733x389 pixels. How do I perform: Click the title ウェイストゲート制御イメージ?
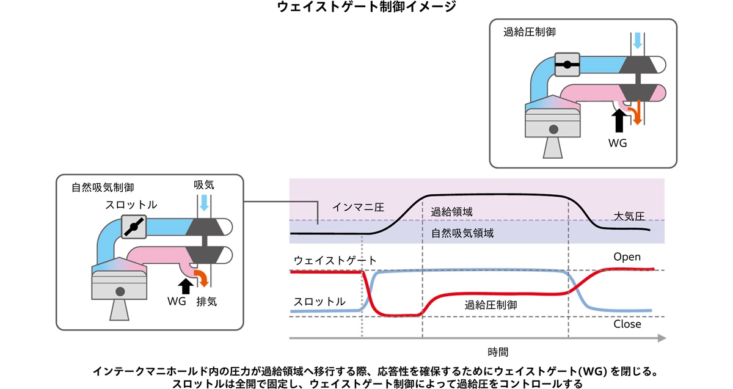tap(366, 8)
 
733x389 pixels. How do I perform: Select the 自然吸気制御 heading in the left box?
tap(103, 187)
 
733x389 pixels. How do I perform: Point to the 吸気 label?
tap(204, 186)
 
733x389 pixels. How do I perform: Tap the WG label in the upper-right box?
tap(618, 144)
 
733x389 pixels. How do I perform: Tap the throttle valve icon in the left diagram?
tap(134, 227)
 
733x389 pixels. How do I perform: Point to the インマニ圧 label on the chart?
tap(357, 207)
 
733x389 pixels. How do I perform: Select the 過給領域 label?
tap(451, 212)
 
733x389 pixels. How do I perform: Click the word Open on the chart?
tap(627, 256)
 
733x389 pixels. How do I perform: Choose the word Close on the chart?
tap(627, 324)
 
